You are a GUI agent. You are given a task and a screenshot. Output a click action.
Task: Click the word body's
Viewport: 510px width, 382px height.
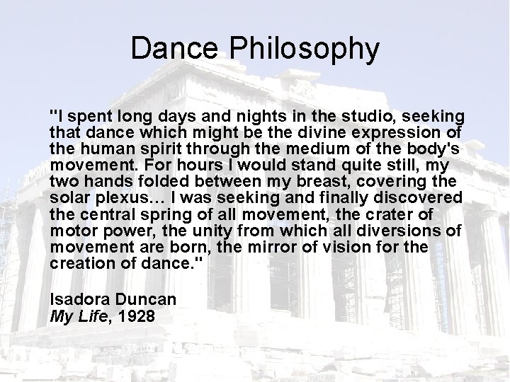click(432, 149)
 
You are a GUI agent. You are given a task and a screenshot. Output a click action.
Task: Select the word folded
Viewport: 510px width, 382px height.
click(139, 180)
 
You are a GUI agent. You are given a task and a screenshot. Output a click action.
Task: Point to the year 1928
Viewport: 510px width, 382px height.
click(137, 315)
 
